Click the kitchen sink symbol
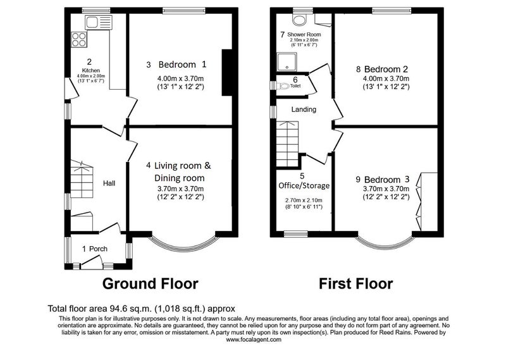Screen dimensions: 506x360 99,23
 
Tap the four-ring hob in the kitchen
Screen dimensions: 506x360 79,39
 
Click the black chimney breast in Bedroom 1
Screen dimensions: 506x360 227,72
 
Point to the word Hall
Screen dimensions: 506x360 109,183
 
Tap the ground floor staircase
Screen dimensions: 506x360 82,179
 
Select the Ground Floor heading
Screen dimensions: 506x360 150,283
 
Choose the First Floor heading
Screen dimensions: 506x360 356,283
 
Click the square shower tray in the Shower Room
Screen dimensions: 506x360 287,61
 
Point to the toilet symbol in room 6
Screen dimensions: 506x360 283,86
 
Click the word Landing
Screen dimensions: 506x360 304,109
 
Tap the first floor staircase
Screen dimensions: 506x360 288,144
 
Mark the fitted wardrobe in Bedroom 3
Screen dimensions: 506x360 429,202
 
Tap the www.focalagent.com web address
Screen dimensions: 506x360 254,340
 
